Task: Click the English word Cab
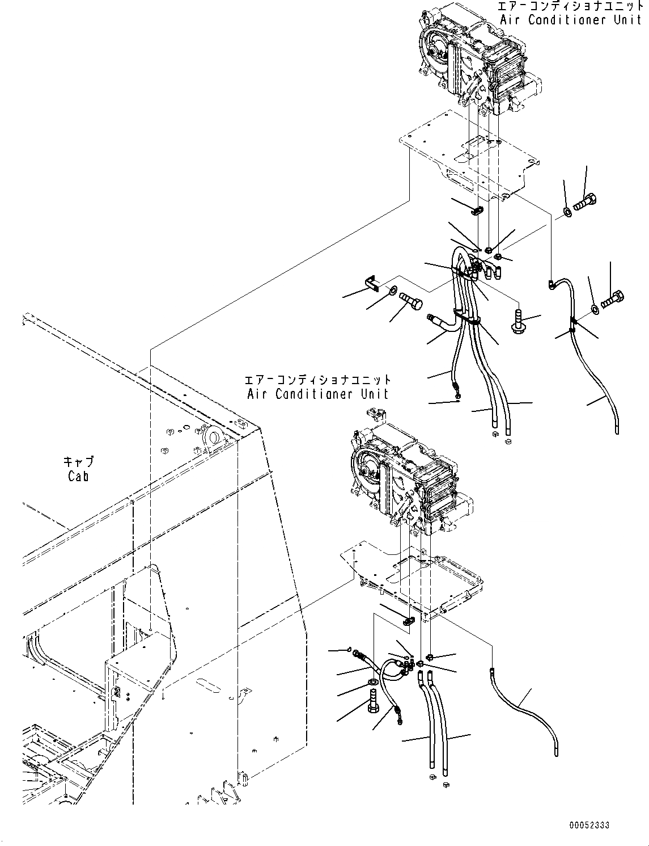pos(78,477)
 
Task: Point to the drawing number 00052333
pos(590,826)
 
